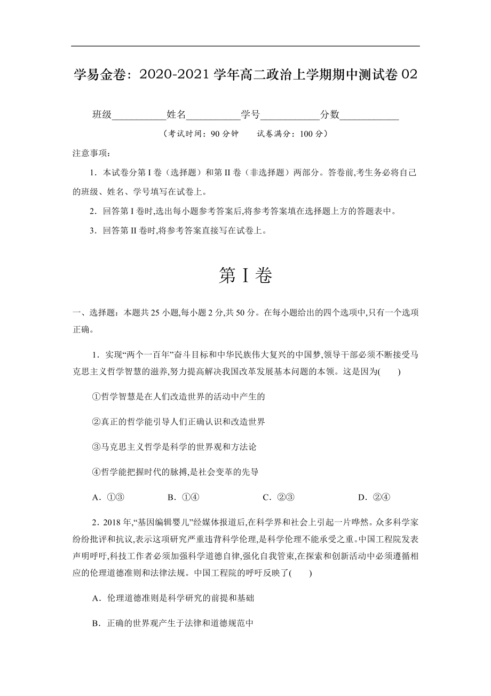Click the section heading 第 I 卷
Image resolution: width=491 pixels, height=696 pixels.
(x=245, y=276)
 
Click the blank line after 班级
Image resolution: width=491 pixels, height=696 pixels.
(x=139, y=115)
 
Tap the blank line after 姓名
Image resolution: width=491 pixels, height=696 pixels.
(x=213, y=115)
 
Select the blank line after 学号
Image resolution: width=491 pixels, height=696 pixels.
(x=289, y=115)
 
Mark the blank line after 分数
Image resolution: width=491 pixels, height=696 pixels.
(x=369, y=115)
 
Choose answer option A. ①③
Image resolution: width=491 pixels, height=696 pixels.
(x=108, y=497)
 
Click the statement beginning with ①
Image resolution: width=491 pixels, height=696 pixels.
(x=178, y=397)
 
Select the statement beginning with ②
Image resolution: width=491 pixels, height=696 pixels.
(x=178, y=422)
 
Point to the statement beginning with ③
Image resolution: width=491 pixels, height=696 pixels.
(x=174, y=447)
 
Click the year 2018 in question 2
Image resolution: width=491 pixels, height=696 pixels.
(x=111, y=522)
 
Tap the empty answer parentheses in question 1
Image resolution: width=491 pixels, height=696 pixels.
(x=390, y=372)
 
